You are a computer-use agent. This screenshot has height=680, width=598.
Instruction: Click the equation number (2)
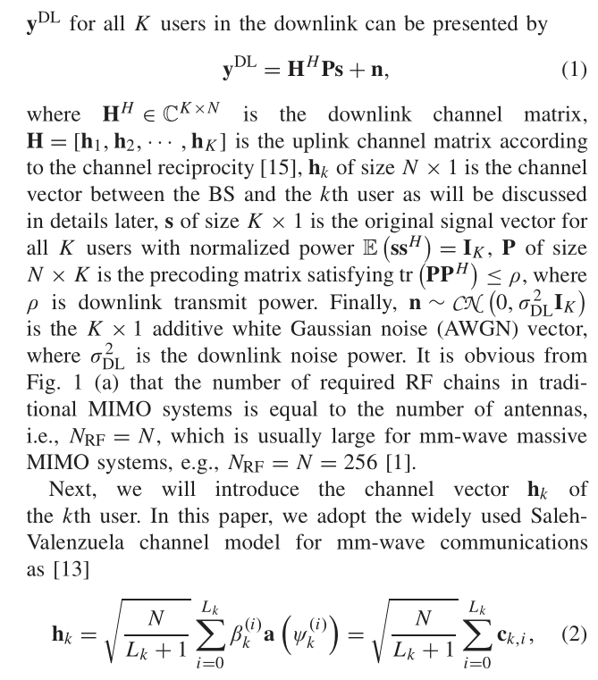(x=570, y=635)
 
